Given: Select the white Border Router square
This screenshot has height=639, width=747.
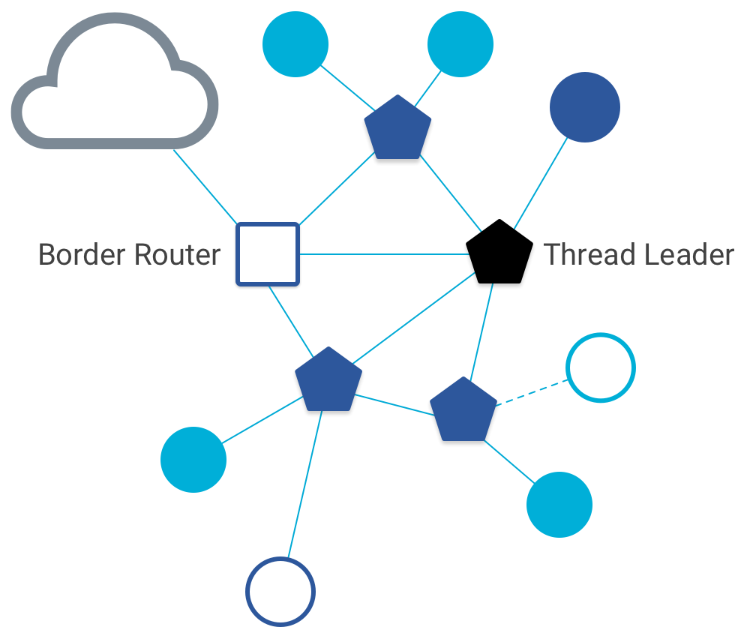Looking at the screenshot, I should [268, 254].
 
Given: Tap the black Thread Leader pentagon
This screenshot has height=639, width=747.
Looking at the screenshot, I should [499, 253].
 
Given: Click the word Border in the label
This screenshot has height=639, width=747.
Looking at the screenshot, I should [80, 255].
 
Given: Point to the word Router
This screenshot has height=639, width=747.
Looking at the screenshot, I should [176, 255].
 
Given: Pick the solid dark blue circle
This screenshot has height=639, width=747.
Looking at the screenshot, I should [585, 107].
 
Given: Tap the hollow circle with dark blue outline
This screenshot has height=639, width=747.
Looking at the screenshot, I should [280, 591].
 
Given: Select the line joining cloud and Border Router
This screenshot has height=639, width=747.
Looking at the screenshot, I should [205, 187].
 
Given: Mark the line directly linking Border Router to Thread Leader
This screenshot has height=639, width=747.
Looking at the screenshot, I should [382, 254].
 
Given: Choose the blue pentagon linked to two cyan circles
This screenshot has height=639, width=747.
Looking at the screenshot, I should [397, 128].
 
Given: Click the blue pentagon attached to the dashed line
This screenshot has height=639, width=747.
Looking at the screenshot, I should [463, 410].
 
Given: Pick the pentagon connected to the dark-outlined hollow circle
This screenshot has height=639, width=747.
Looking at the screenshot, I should [328, 380].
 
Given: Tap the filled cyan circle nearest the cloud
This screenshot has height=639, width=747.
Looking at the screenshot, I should [295, 43].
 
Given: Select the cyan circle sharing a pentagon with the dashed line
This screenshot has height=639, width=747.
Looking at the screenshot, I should [559, 505].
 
